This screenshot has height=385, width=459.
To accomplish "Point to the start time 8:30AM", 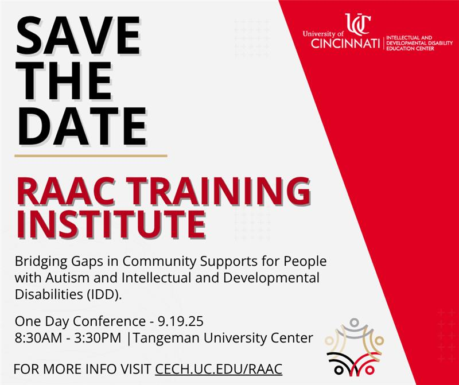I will [x=41, y=338].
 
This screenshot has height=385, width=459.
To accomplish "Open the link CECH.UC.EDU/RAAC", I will [x=219, y=368].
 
